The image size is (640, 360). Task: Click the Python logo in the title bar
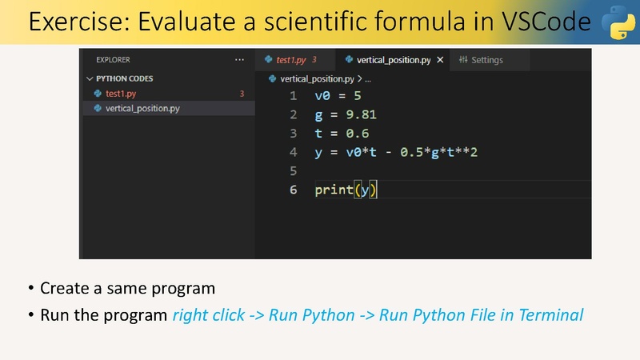[618, 22]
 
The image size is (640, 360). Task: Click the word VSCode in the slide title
[546, 22]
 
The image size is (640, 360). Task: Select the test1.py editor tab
[291, 60]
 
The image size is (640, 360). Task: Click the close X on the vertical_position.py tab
[440, 60]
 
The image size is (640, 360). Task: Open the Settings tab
[481, 60]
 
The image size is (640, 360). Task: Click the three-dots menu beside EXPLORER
[239, 59]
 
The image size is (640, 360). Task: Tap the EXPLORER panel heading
[113, 59]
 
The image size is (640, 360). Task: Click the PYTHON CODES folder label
[125, 78]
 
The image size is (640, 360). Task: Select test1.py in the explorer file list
[121, 94]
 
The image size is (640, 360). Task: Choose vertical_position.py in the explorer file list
[142, 108]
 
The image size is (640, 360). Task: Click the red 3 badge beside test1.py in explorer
[242, 94]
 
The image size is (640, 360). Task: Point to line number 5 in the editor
[293, 170]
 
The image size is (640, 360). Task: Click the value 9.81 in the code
[362, 114]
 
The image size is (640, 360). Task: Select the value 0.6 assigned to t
[358, 134]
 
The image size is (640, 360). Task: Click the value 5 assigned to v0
[358, 96]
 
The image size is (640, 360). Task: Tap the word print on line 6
[334, 190]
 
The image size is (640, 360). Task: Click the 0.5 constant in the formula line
[411, 152]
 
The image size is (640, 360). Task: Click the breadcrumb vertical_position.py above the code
[317, 78]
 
